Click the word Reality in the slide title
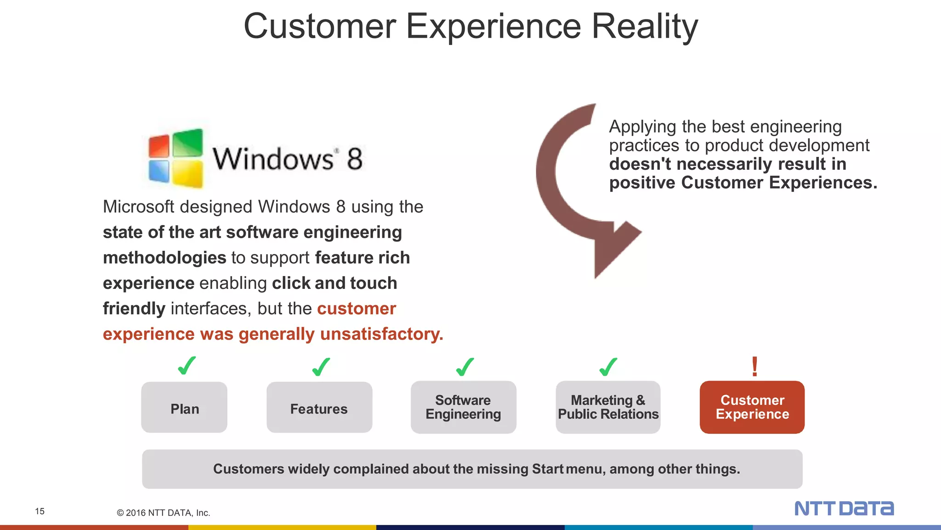click(x=644, y=27)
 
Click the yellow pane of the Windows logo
click(x=187, y=173)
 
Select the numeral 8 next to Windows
click(x=354, y=159)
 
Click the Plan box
click(x=184, y=408)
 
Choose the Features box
click(x=319, y=408)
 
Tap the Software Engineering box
click(x=463, y=408)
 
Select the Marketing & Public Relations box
click(x=608, y=408)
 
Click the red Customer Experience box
click(x=752, y=408)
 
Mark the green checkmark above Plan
click(x=187, y=366)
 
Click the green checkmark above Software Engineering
click(x=465, y=367)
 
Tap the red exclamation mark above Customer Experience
click(x=754, y=367)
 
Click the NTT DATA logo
click(x=844, y=508)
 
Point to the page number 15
click(x=40, y=511)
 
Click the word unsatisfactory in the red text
click(x=381, y=334)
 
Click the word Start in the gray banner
click(x=547, y=469)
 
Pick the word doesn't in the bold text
click(x=640, y=164)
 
